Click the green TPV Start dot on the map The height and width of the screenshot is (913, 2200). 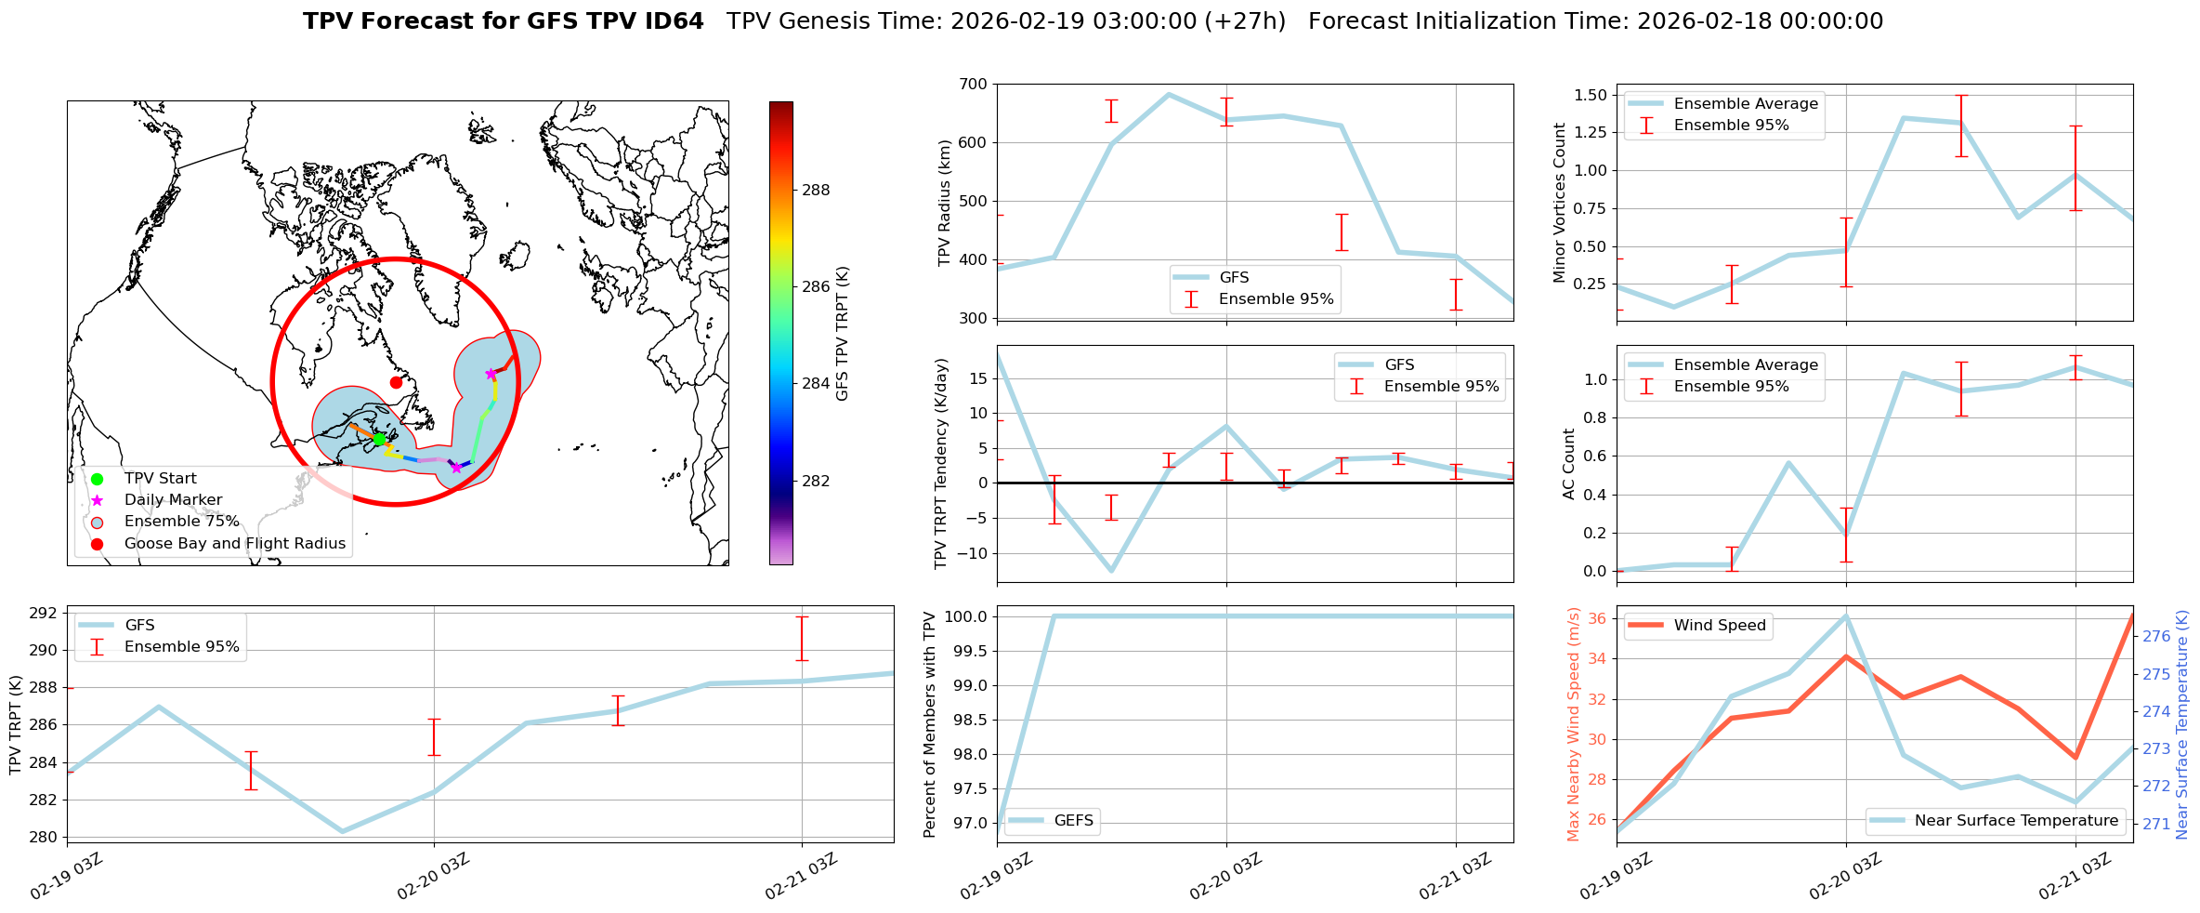pyautogui.click(x=379, y=438)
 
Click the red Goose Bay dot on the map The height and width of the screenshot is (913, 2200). pyautogui.click(x=396, y=382)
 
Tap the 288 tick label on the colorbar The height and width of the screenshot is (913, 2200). pyautogui.click(x=816, y=190)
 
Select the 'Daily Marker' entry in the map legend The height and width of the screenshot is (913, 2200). pyautogui.click(x=173, y=500)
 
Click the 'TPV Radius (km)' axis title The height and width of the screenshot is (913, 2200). pyautogui.click(x=945, y=203)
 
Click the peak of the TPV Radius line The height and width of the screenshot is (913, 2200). pyautogui.click(x=1168, y=94)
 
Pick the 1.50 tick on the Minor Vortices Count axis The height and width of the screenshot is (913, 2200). pyautogui.click(x=1591, y=95)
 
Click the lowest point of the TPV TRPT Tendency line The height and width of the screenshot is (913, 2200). pyautogui.click(x=1111, y=571)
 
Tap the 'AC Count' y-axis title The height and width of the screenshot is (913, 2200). pyautogui.click(x=1569, y=464)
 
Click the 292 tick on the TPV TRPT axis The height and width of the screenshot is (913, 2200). pyautogui.click(x=43, y=613)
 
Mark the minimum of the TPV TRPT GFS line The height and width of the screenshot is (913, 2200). pyautogui.click(x=342, y=831)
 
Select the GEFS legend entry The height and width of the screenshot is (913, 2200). pyautogui.click(x=1073, y=820)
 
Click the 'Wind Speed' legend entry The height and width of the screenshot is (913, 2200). pyautogui.click(x=1719, y=625)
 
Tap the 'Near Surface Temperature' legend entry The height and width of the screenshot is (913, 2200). pyautogui.click(x=2016, y=820)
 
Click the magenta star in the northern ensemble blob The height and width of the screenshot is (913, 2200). pyautogui.click(x=491, y=374)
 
